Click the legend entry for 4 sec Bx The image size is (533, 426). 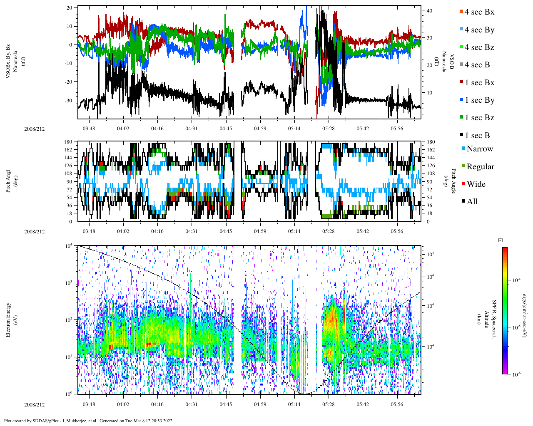tap(479, 12)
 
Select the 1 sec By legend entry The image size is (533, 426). tap(479, 100)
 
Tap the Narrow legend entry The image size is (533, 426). tap(479, 149)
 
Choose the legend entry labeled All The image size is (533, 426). tap(472, 202)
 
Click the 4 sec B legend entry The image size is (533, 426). tap(477, 65)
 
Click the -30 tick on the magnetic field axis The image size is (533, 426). tap(68, 100)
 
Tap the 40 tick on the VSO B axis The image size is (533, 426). tap(428, 10)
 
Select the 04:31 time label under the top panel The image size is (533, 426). tap(192, 129)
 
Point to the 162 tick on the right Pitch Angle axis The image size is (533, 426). tap(431, 150)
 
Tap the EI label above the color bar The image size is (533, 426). tap(501, 240)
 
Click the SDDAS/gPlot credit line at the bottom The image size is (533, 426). tap(88, 421)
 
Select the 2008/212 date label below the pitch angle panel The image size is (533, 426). tap(34, 231)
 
